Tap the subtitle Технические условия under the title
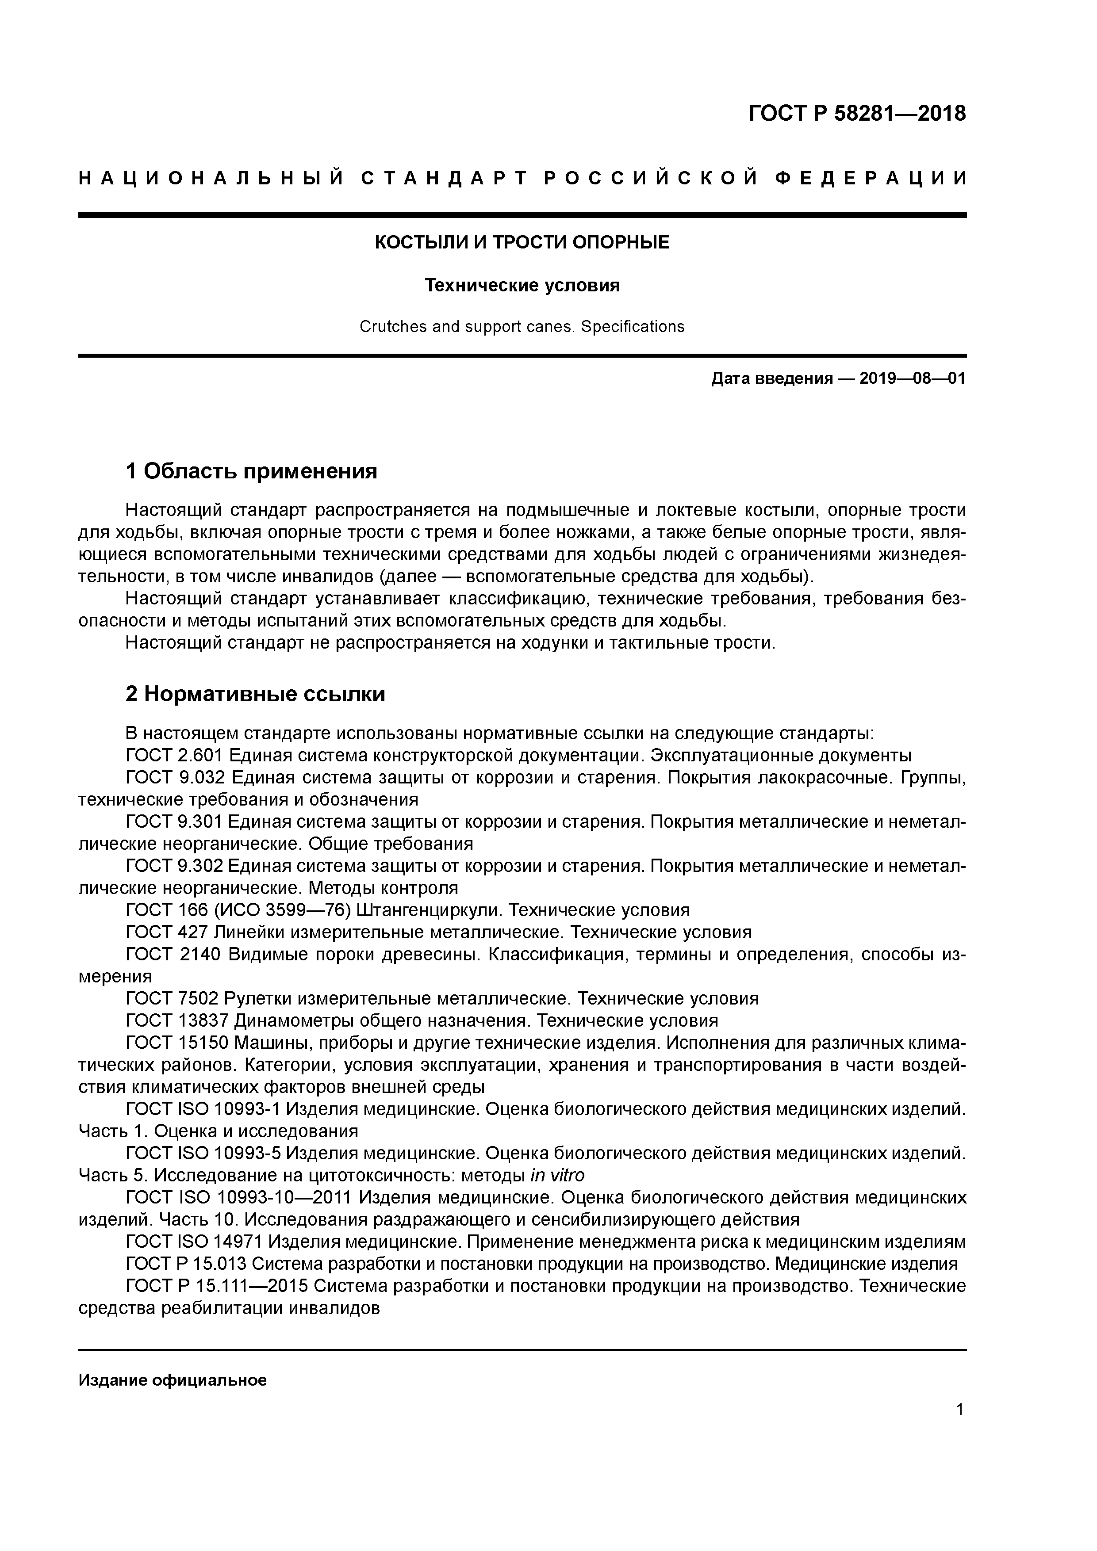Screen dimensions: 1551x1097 tap(522, 286)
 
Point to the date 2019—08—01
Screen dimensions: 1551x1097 tap(913, 378)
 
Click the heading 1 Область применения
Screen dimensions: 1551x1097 tap(251, 471)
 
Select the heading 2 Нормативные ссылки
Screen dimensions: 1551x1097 tap(256, 694)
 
